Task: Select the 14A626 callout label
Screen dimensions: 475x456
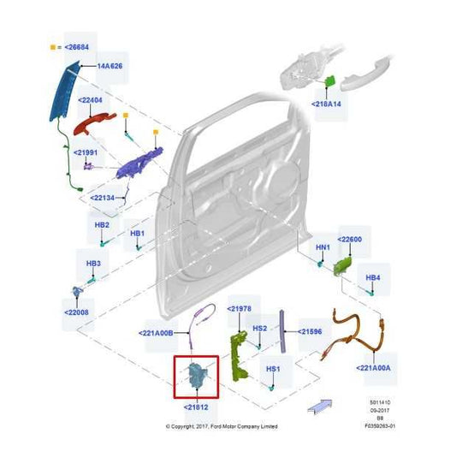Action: pos(109,66)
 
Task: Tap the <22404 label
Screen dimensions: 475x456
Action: pos(91,100)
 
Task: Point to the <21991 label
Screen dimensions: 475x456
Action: pos(86,153)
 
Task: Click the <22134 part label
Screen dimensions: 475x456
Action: pos(103,198)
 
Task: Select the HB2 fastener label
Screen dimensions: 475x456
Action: pos(101,225)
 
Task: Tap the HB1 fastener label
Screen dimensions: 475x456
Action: pos(137,233)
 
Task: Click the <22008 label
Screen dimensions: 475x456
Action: pos(75,313)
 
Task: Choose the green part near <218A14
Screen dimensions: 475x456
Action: pos(329,81)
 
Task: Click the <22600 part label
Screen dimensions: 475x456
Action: pos(350,240)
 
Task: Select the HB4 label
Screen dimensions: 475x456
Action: pos(373,278)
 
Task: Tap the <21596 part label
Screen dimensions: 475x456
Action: pos(311,331)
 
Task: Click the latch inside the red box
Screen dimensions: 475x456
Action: pos(196,375)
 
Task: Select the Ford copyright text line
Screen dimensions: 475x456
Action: pos(221,425)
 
